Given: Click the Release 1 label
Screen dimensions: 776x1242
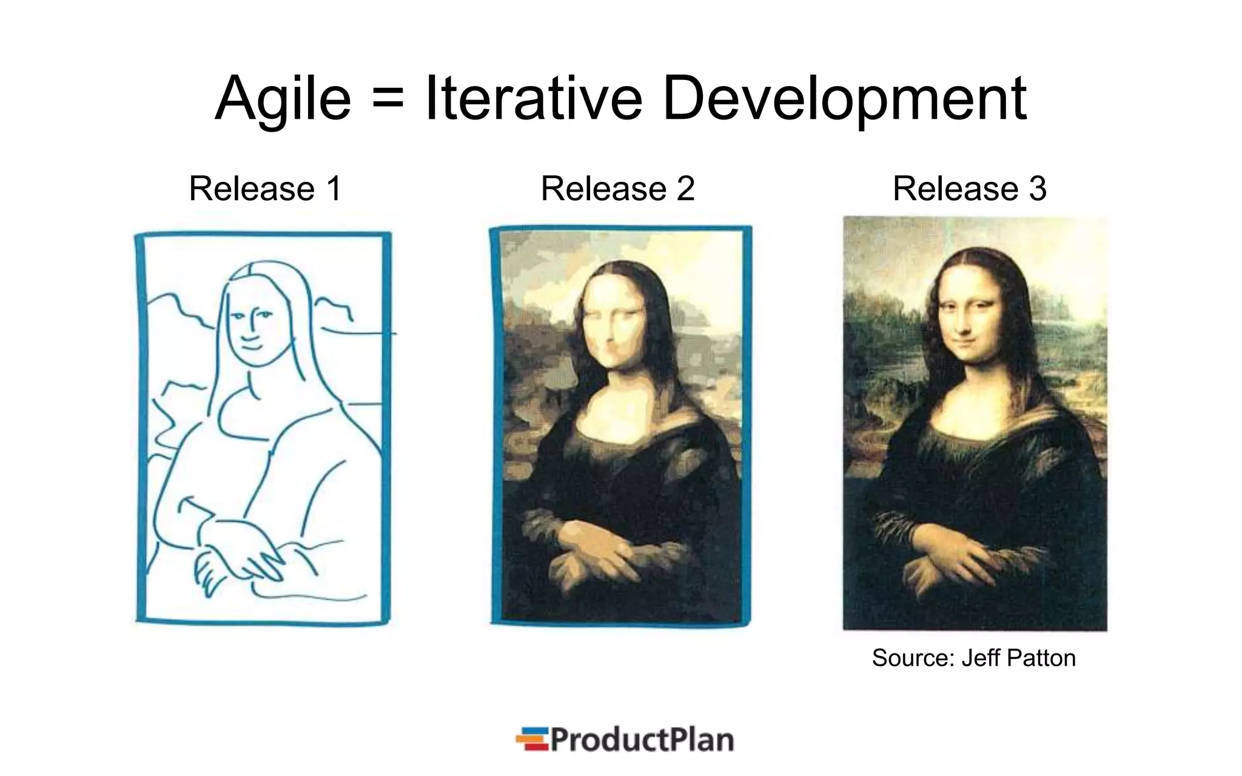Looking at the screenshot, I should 266,189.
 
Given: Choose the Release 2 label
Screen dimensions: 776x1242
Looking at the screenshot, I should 617,189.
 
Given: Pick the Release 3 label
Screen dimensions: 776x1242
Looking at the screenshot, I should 969,189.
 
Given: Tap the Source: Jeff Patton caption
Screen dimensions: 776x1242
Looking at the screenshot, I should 973,658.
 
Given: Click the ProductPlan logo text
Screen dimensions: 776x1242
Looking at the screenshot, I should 642,740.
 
